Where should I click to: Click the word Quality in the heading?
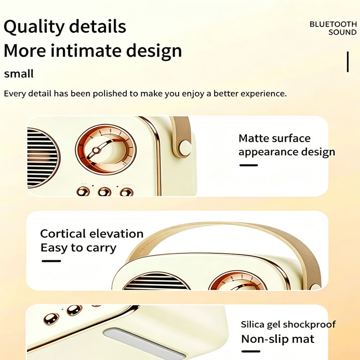click(x=34, y=27)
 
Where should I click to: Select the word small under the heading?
click(x=19, y=74)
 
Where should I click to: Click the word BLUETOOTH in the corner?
click(x=333, y=24)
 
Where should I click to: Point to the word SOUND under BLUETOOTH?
click(x=342, y=32)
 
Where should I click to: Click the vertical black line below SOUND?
click(x=348, y=62)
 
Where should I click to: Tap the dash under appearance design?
click(x=249, y=165)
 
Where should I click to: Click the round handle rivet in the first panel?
click(x=185, y=148)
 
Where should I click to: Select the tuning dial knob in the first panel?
click(x=106, y=149)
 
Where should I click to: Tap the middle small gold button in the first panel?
click(x=104, y=192)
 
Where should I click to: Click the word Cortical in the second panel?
click(x=63, y=234)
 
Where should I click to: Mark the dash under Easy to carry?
click(x=51, y=261)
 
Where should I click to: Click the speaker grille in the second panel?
click(x=156, y=281)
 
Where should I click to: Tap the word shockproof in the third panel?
click(x=309, y=324)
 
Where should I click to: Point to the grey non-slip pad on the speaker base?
click(x=144, y=343)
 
